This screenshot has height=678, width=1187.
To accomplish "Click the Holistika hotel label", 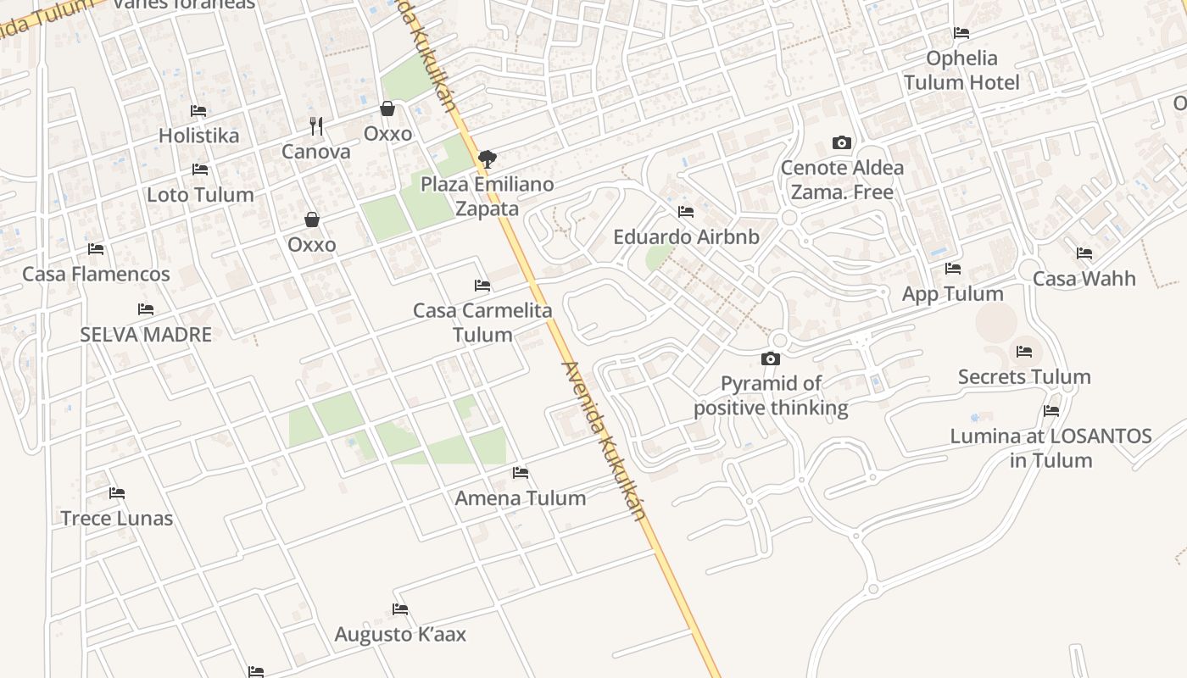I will pos(198,136).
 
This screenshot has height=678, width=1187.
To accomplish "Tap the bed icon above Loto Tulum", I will pos(200,170).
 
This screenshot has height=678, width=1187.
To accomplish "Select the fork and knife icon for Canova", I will pos(316,126).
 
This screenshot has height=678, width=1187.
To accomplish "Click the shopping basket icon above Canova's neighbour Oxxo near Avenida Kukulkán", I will pos(387,108).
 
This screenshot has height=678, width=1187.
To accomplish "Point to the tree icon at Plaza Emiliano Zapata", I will pos(487,158).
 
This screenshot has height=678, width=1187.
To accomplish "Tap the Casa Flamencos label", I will pos(96,274).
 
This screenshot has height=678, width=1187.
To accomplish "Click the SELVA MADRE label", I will pos(146,334).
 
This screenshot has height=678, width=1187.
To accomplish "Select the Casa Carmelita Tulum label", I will pos(482,322).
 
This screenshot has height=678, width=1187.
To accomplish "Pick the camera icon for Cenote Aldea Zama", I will pos(841,142).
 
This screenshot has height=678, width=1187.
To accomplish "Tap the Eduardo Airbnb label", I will pos(686,236).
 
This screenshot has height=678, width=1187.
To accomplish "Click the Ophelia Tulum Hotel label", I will pos(961,70).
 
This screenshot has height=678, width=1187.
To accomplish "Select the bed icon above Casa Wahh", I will pos(1084,253).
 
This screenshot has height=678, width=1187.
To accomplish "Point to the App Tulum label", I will pos(953,294).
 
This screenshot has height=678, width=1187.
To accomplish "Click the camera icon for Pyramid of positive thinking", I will pos(770,359).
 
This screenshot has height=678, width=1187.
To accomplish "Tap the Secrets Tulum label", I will pos(1024,376).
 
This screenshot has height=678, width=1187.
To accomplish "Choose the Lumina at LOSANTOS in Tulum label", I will pos(1050,448).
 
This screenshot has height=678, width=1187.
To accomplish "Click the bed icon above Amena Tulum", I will pos(521,473).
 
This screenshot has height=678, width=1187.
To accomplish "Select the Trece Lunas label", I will pos(117,518).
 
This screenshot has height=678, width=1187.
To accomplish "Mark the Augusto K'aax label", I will pos(400,634).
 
